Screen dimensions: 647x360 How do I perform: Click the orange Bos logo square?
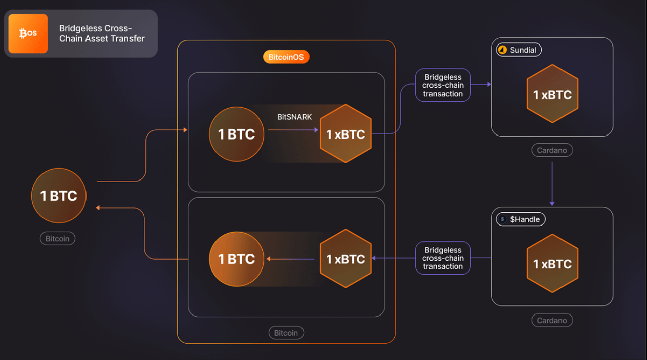[x=28, y=33]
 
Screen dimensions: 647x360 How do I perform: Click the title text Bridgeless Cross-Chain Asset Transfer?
[x=102, y=33]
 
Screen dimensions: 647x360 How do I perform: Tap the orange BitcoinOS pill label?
[x=286, y=57]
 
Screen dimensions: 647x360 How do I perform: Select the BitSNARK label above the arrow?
[x=294, y=117]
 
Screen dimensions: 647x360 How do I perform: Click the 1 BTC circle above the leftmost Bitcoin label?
[x=59, y=196]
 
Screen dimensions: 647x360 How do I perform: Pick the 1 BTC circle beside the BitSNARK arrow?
[x=237, y=134]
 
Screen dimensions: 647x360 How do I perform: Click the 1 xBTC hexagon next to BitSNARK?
[x=346, y=133]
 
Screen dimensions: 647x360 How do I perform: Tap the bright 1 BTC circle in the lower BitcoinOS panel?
[x=237, y=259]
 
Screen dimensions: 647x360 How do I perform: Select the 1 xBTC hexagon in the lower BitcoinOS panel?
[x=346, y=258]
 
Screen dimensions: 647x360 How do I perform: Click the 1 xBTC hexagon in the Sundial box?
[x=552, y=94]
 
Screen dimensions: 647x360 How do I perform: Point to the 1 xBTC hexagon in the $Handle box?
[x=552, y=263]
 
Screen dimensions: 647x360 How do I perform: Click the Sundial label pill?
[x=519, y=50]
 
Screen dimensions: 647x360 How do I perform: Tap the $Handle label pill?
[x=521, y=219]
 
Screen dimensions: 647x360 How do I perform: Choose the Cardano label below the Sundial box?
[x=552, y=150]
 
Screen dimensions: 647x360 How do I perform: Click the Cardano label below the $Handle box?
[x=552, y=320]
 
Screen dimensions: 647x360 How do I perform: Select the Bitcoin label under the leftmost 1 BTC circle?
[x=58, y=239]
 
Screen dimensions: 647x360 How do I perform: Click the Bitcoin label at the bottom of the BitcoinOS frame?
[x=286, y=333]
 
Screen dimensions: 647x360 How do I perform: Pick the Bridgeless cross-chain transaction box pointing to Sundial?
[x=443, y=85]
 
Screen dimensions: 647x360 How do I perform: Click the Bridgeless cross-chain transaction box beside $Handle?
[x=443, y=258]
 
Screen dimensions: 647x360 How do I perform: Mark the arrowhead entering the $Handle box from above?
[x=552, y=204]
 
